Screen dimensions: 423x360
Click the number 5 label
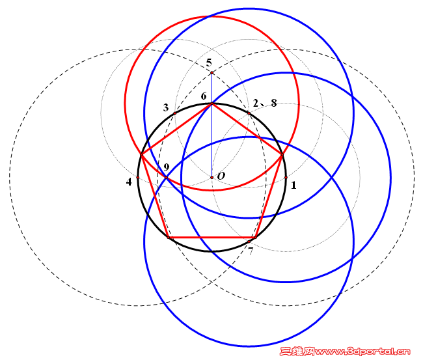click(x=209, y=63)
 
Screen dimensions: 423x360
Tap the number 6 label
click(x=204, y=96)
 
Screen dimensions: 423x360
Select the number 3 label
click(x=166, y=107)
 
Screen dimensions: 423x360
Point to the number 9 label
click(x=167, y=167)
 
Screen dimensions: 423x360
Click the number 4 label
click(x=129, y=182)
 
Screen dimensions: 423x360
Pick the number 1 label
click(x=293, y=185)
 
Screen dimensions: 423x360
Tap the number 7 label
click(x=251, y=251)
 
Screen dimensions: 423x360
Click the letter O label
click(x=221, y=176)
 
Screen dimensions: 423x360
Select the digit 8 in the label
click(x=274, y=103)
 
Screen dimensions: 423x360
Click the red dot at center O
click(x=211, y=178)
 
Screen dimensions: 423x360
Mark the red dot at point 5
click(x=211, y=73)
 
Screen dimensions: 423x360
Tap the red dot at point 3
click(x=175, y=113)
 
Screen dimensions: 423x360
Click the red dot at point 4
click(x=138, y=178)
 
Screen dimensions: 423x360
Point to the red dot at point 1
click(x=286, y=178)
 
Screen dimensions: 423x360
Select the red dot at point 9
click(x=166, y=178)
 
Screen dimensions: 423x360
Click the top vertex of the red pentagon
click(x=211, y=104)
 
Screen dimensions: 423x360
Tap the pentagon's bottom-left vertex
click(x=169, y=238)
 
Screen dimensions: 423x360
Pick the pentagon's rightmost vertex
click(x=282, y=155)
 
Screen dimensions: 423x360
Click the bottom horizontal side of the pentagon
click(x=211, y=238)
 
